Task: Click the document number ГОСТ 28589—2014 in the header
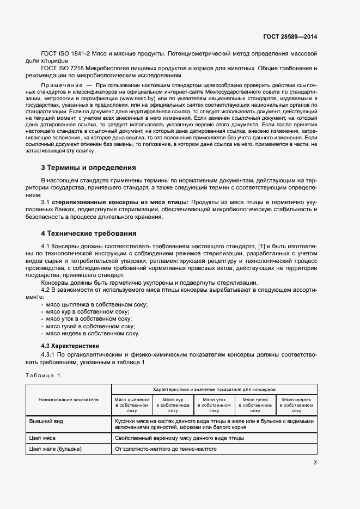[289, 37]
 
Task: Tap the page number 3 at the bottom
[315, 463]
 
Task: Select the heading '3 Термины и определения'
[88, 167]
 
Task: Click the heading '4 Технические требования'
[89, 234]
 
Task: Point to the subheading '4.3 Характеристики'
[70, 346]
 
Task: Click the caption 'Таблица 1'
[44, 376]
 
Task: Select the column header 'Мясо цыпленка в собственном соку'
[131, 405]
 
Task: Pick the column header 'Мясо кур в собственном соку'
[173, 405]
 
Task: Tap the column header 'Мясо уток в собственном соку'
[214, 405]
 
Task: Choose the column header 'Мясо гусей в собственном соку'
[255, 405]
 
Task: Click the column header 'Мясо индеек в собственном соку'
[296, 405]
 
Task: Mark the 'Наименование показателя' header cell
[68, 400]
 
